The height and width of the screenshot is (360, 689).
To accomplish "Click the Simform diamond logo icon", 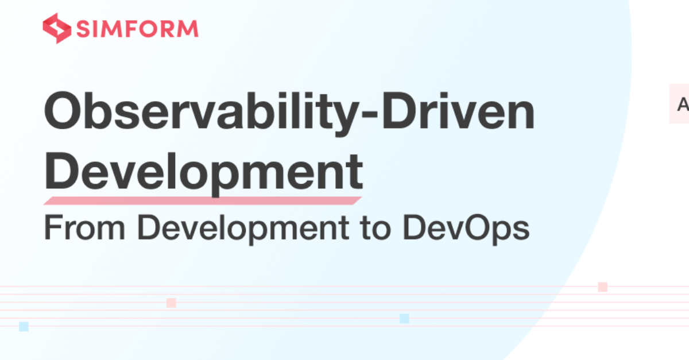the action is (x=57, y=28).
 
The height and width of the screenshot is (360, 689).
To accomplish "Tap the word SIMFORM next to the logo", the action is (x=137, y=29).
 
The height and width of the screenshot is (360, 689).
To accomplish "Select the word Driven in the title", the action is (x=458, y=110).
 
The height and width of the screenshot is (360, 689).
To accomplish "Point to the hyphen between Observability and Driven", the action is (x=370, y=115).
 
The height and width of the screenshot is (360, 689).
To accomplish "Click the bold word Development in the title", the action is (x=204, y=172).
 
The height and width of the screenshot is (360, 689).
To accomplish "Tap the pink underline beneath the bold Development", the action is (x=203, y=200).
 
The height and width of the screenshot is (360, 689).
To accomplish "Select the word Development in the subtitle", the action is (x=243, y=229).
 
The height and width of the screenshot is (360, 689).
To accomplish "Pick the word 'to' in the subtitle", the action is (x=376, y=229).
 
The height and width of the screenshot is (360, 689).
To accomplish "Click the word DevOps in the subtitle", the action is (x=466, y=229).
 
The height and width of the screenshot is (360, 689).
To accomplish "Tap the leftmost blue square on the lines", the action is (x=24, y=327).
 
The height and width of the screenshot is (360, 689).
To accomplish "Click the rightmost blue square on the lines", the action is (x=404, y=319).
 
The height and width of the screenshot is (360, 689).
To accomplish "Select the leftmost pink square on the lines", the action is (x=171, y=303).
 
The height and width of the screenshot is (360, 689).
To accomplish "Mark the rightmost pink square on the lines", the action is (x=603, y=287).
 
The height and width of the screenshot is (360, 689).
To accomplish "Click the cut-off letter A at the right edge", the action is (x=683, y=104).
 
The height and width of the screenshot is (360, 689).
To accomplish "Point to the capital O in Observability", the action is (x=63, y=110).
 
